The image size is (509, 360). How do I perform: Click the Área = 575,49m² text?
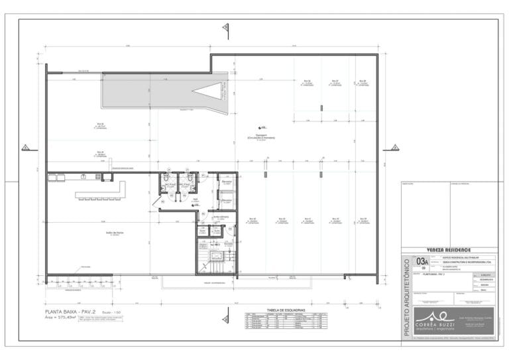(65, 318)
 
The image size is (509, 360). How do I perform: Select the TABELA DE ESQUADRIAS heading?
(286, 310)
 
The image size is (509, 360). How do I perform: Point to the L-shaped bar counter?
(103, 191)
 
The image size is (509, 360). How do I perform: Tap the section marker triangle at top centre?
(226, 27)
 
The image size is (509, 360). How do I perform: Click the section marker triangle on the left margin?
(25, 147)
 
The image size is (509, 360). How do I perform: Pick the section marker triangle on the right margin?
(394, 147)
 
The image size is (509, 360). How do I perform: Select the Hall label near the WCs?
(196, 198)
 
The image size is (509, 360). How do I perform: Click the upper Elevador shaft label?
(226, 181)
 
